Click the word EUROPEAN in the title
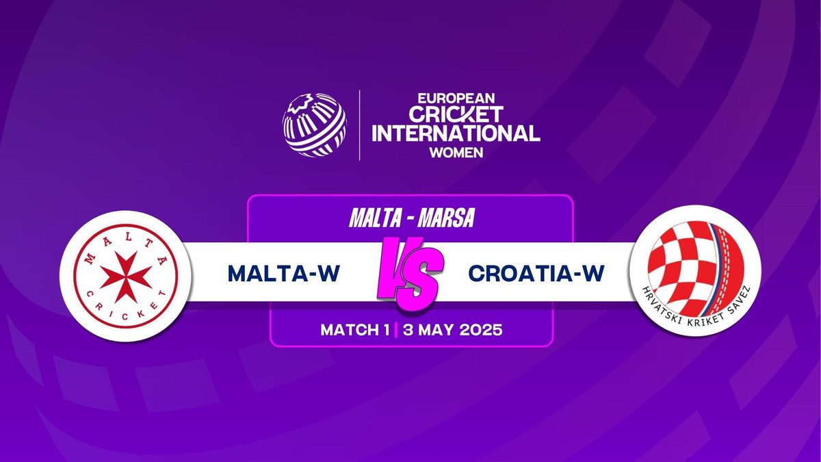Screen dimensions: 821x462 [456, 99]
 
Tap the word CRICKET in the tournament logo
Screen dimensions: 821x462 [456, 114]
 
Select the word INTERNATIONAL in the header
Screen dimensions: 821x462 [456, 133]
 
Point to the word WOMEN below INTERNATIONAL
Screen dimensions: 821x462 [456, 152]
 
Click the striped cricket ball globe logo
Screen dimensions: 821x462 [314, 125]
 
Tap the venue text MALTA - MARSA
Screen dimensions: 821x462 [412, 218]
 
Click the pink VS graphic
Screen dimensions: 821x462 [410, 273]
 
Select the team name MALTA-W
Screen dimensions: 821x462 [284, 273]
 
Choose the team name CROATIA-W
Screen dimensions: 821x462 [536, 273]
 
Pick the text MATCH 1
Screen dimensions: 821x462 [355, 330]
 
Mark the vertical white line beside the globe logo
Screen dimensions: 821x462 [359, 125]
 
